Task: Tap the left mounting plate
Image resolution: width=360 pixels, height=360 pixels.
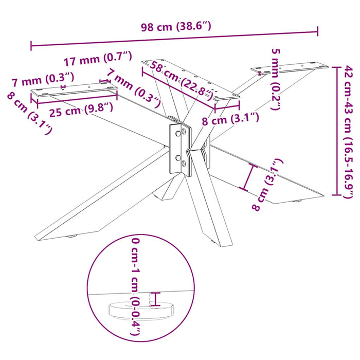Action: (74, 90)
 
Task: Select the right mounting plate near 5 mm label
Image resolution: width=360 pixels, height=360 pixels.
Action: (289, 67)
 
